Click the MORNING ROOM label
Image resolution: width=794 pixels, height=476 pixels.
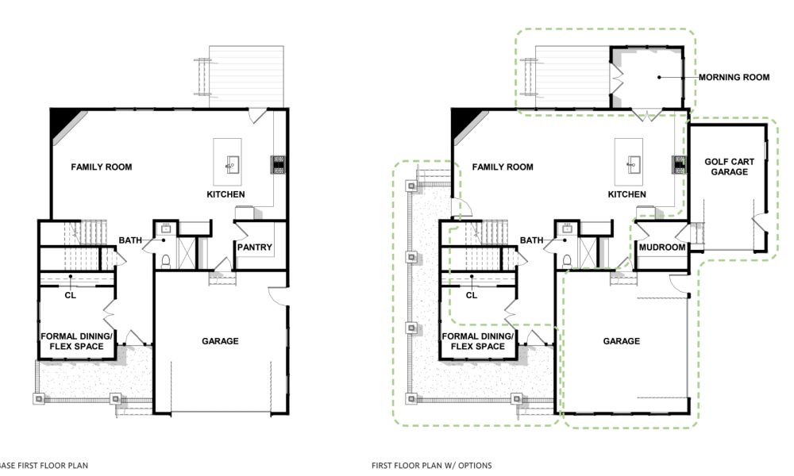(x=734, y=78)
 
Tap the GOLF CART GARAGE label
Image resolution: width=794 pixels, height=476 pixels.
(x=729, y=167)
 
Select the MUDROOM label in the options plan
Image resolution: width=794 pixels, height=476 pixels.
(x=661, y=248)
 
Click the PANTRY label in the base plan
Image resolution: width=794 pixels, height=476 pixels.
(x=254, y=248)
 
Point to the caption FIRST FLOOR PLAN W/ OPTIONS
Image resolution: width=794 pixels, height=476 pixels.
(x=431, y=465)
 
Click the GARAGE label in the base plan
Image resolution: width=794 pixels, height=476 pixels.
(x=220, y=341)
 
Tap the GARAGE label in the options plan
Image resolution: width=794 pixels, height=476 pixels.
(x=621, y=341)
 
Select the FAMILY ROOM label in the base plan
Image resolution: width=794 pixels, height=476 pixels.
(x=101, y=167)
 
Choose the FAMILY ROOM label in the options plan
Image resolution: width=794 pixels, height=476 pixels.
(x=502, y=167)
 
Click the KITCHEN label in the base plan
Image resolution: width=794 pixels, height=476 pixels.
(x=225, y=194)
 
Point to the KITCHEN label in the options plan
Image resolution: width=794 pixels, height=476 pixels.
(x=626, y=194)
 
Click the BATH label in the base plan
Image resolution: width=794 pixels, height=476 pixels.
(x=129, y=240)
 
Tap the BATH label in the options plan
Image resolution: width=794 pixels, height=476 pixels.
(x=531, y=240)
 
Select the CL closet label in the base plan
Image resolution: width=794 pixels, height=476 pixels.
(x=70, y=294)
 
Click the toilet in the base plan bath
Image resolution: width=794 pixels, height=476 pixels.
(x=164, y=260)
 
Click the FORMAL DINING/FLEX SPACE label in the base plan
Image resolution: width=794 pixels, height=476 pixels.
(x=76, y=341)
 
